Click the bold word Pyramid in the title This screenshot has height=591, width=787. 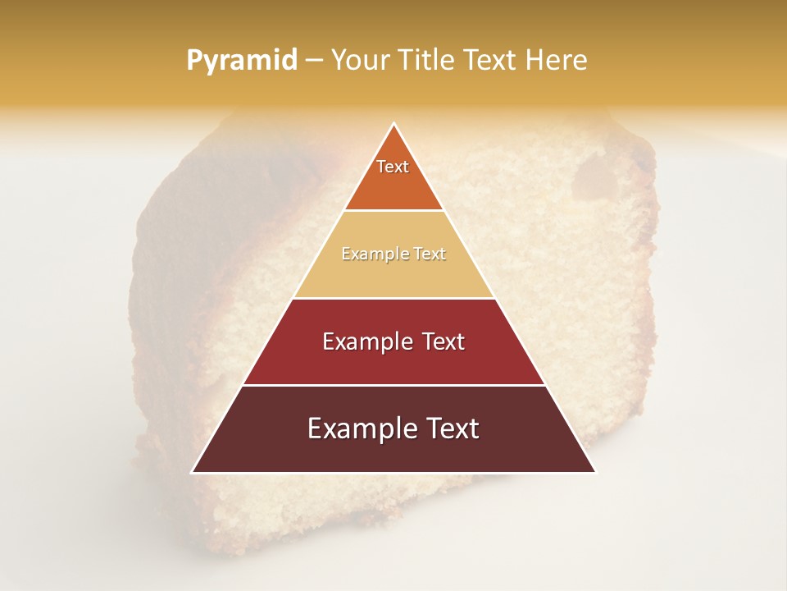click(242, 61)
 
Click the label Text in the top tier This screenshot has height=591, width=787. click(393, 167)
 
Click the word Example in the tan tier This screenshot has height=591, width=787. click(369, 254)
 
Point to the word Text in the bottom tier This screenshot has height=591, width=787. click(450, 428)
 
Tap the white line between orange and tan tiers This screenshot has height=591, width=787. click(393, 211)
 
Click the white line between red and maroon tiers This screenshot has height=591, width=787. click(393, 385)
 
